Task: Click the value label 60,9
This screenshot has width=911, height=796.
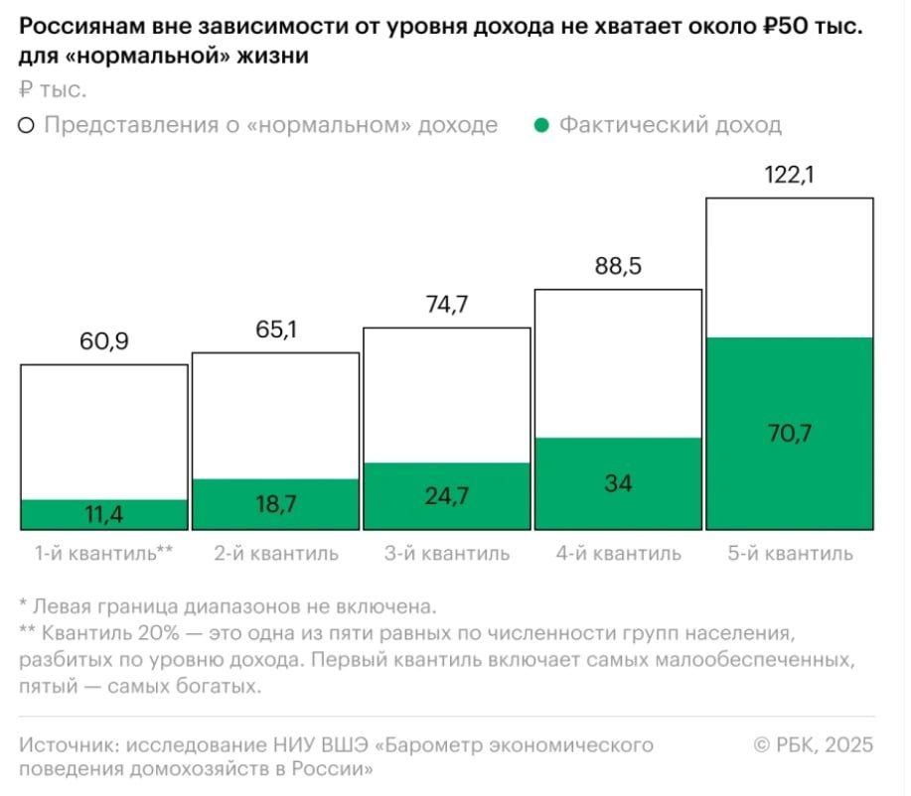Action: pos(103,344)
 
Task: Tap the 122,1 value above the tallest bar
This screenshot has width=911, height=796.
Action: pos(790,177)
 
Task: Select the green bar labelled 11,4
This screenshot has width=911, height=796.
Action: pos(104,515)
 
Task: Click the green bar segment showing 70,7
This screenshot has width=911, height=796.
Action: pos(790,433)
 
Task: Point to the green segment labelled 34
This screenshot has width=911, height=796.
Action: pos(618,484)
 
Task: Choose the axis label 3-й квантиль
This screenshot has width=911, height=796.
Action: pos(446,553)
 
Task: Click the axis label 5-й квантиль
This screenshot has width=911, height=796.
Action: pos(790,553)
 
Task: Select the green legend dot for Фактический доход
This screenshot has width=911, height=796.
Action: pos(540,126)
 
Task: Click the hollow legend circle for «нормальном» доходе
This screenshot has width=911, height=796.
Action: pos(27,126)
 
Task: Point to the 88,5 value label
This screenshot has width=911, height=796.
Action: pos(618,269)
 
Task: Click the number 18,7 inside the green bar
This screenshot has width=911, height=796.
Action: pos(275,505)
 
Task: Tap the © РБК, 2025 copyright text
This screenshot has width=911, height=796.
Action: pos(814,745)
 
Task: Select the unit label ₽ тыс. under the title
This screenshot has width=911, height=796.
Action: pos(53,90)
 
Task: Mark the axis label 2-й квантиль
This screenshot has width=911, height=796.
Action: pos(275,553)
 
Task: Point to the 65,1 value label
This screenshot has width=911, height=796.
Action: pos(275,332)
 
